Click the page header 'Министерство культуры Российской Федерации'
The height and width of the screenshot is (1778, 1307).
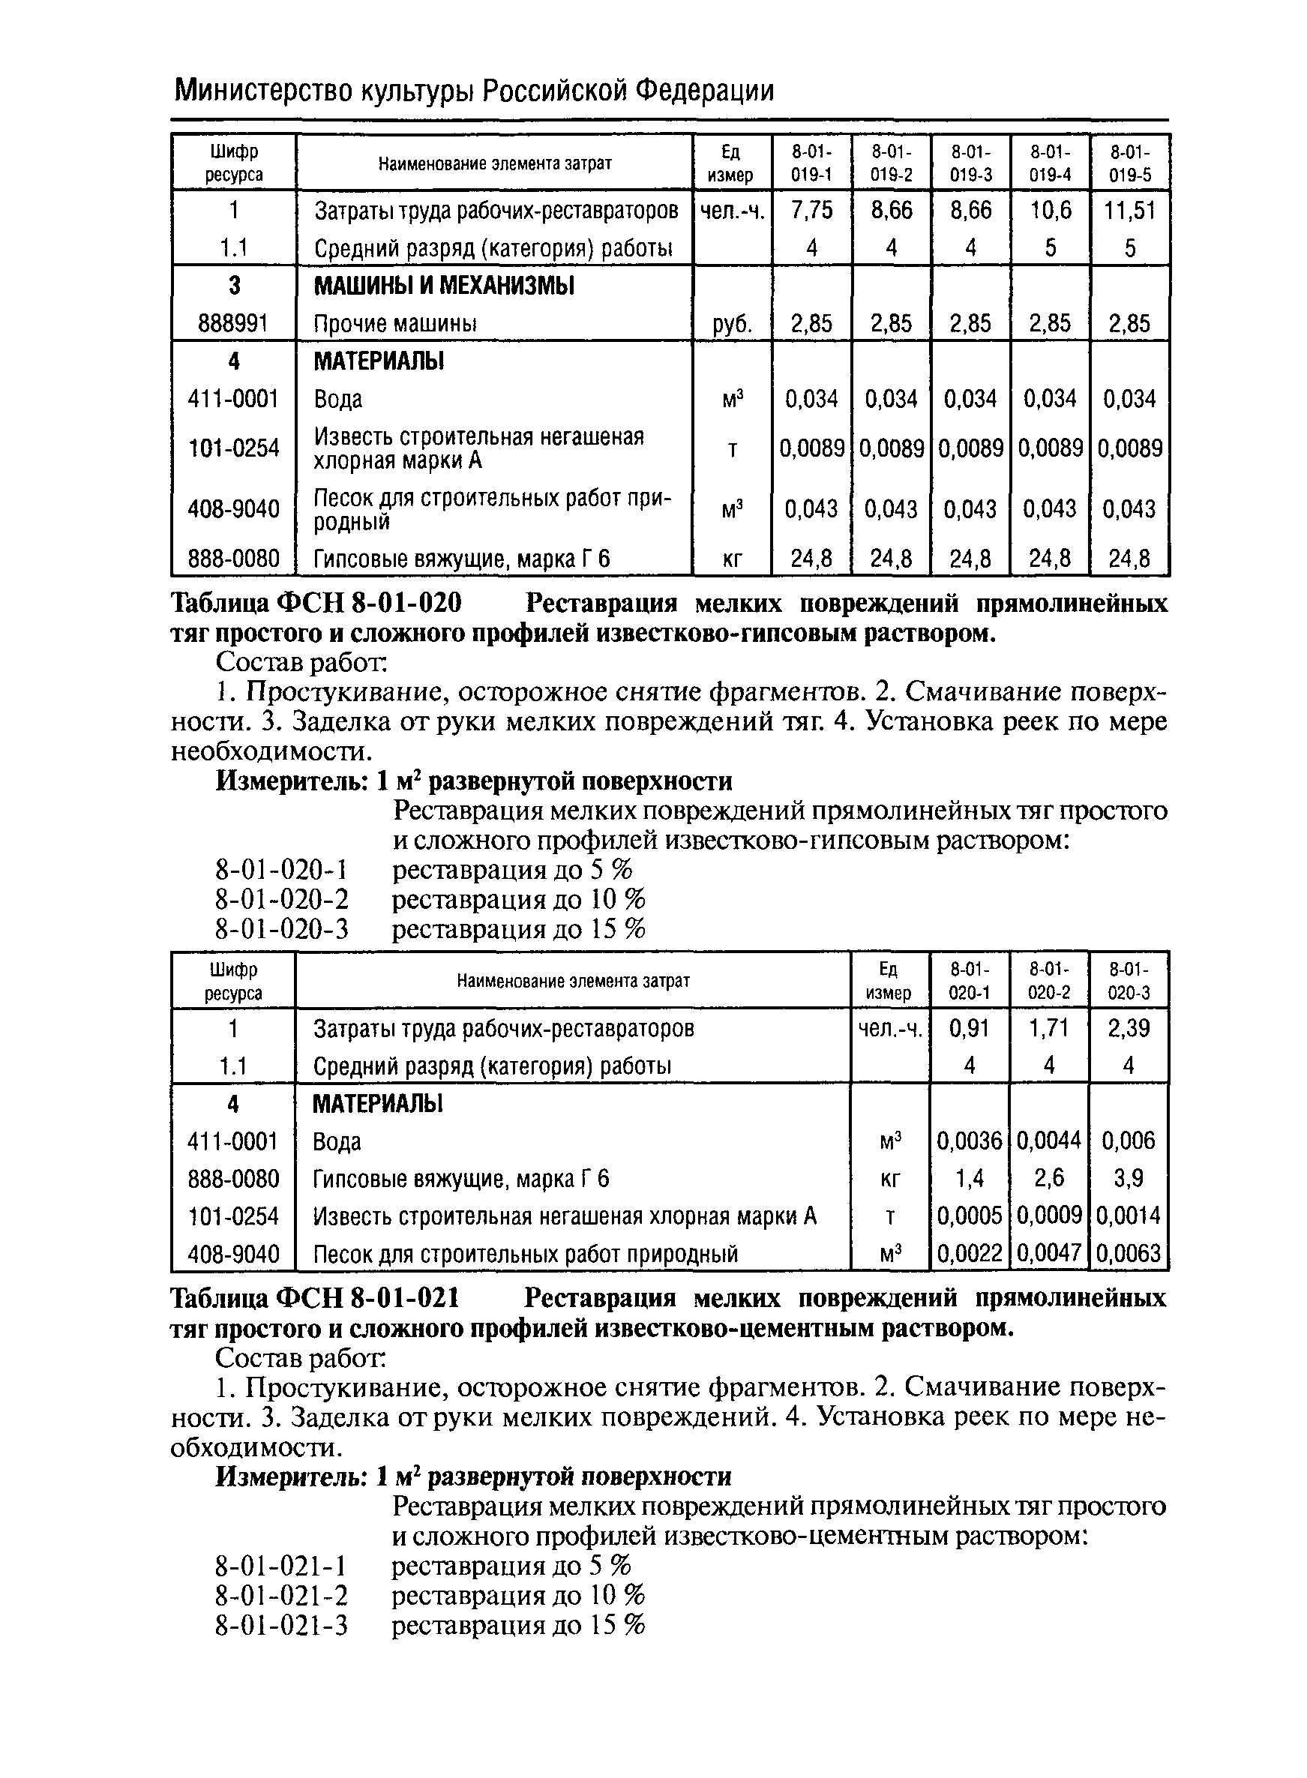click(x=473, y=91)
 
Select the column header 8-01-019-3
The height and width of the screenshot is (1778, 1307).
click(x=971, y=163)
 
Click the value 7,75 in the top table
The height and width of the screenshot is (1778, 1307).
click(x=812, y=210)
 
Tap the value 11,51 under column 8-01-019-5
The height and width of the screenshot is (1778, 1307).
click(x=1130, y=210)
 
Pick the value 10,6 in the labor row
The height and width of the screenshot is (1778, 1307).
click(x=1050, y=210)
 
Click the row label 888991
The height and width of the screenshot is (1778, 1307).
click(x=233, y=324)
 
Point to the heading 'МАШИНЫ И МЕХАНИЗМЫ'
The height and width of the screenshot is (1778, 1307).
click(x=445, y=286)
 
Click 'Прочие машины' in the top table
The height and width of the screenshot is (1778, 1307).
click(x=396, y=324)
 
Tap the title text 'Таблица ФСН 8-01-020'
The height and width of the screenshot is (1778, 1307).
click(x=316, y=604)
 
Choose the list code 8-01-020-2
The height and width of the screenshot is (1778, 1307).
click(x=282, y=900)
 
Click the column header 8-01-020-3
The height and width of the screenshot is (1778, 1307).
click(x=1129, y=981)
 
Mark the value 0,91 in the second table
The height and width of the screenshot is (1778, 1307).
click(x=970, y=1028)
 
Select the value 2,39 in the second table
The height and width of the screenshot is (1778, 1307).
click(x=1129, y=1028)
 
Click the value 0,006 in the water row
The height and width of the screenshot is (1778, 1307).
click(x=1129, y=1141)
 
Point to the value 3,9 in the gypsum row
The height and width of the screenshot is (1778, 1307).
click(x=1129, y=1179)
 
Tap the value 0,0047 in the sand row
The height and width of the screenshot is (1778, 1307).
click(x=1049, y=1253)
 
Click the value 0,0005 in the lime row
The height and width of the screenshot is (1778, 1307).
click(x=970, y=1216)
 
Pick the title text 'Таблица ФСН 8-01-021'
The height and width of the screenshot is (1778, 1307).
click(x=316, y=1300)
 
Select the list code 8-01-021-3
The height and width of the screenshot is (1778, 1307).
click(x=282, y=1625)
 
